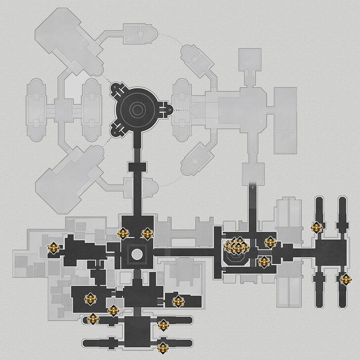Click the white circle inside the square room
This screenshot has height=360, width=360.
(x=137, y=255)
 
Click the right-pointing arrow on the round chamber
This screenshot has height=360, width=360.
(x=170, y=108)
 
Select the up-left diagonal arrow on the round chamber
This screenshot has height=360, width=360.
(x=117, y=89)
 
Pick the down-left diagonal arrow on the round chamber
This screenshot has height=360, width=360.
(x=117, y=131)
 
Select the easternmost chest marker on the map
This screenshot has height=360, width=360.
(x=345, y=280)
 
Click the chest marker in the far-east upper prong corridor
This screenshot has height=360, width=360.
(x=316, y=227)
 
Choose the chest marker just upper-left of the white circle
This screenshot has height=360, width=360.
(x=123, y=233)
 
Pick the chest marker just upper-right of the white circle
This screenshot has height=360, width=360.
(x=147, y=233)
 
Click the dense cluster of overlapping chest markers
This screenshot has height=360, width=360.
(x=236, y=246)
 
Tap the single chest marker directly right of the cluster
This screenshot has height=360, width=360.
(x=270, y=243)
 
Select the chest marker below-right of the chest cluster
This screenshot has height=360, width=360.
(x=264, y=261)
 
